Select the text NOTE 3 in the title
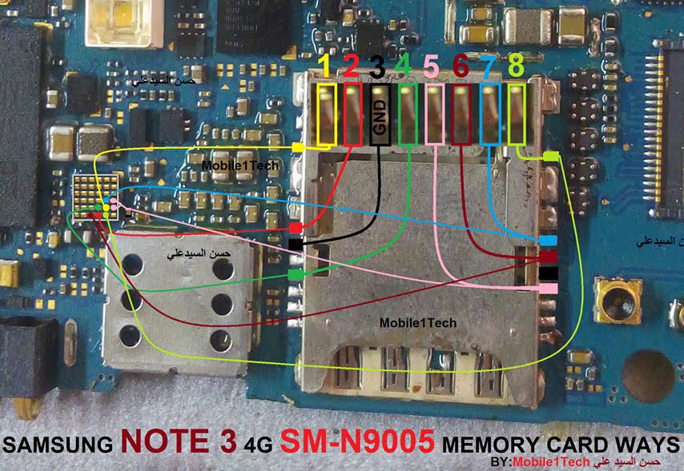point(179,442)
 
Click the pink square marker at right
point(548,288)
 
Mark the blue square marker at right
point(548,240)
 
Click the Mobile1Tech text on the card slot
point(419,322)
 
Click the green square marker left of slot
point(296,275)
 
